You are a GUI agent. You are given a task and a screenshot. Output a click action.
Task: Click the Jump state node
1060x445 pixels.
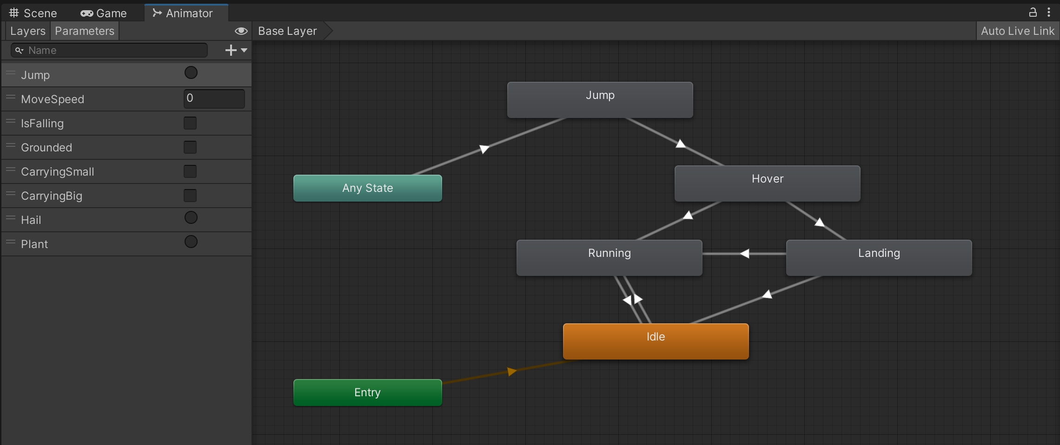pyautogui.click(x=600, y=99)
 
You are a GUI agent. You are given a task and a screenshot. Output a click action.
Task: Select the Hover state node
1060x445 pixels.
pyautogui.click(x=767, y=183)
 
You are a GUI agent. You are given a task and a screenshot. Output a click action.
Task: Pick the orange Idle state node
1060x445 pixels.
pyautogui.click(x=656, y=341)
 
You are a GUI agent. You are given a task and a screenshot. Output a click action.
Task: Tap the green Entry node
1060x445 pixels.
pyautogui.click(x=367, y=393)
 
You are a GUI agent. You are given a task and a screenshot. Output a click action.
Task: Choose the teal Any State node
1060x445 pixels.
pyautogui.click(x=367, y=188)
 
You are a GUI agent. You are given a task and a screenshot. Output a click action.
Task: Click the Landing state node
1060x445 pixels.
pyautogui.click(x=879, y=257)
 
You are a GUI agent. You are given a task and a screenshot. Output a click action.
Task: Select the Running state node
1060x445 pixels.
pyautogui.click(x=609, y=257)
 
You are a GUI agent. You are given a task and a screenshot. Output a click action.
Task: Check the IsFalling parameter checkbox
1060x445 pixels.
pyautogui.click(x=190, y=123)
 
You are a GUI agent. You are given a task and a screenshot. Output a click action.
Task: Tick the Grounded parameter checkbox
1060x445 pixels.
pyautogui.click(x=190, y=147)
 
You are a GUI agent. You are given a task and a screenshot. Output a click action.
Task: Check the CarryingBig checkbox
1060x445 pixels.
pyautogui.click(x=190, y=196)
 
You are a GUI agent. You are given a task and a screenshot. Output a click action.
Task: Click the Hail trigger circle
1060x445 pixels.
pyautogui.click(x=191, y=218)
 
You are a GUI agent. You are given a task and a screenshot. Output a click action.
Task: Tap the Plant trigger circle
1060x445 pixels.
pyautogui.click(x=191, y=242)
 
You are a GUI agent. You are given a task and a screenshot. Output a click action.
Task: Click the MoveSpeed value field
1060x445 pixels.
pyautogui.click(x=214, y=98)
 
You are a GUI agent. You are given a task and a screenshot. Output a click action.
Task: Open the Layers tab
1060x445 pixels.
pyautogui.click(x=27, y=31)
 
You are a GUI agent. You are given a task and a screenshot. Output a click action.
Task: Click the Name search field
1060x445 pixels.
pyautogui.click(x=112, y=50)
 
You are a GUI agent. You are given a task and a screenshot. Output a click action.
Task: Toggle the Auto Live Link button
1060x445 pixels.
pyautogui.click(x=1017, y=31)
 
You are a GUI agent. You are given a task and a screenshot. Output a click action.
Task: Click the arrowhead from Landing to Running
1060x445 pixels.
pyautogui.click(x=745, y=254)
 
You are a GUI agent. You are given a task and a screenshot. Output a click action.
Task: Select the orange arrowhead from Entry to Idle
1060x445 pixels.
pyautogui.click(x=512, y=371)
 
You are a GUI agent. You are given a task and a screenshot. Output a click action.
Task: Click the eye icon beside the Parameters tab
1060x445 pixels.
pyautogui.click(x=241, y=31)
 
